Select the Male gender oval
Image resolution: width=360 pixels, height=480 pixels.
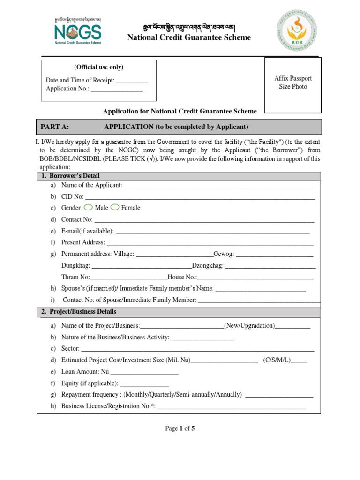click(88, 207)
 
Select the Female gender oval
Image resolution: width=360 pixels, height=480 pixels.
click(115, 207)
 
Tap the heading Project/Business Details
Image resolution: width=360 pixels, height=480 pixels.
click(83, 312)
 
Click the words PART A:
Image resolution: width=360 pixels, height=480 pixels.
click(55, 127)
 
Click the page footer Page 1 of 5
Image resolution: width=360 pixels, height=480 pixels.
click(180, 428)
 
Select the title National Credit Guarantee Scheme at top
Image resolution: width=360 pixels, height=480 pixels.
click(189, 37)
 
